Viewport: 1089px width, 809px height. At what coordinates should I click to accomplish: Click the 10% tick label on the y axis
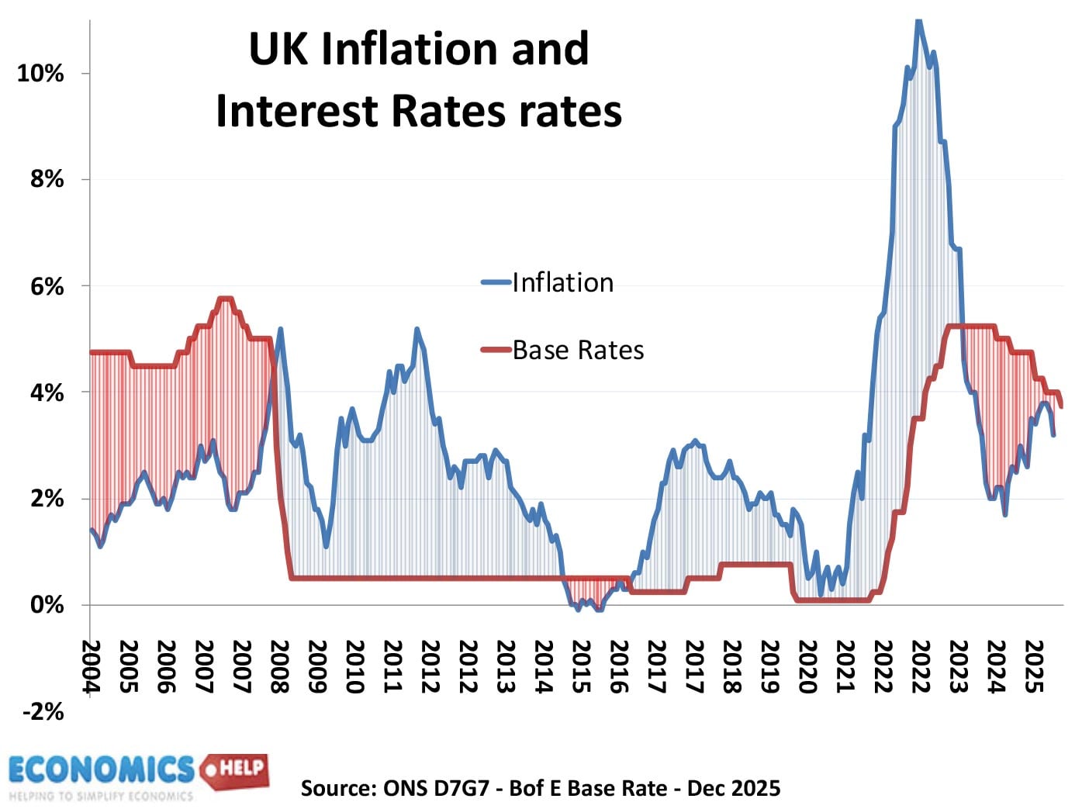(x=40, y=74)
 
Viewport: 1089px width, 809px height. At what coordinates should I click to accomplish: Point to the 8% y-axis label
(x=47, y=179)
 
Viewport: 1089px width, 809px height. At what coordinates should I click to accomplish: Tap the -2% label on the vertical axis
(x=43, y=711)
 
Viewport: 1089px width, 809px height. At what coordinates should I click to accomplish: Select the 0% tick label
(x=47, y=605)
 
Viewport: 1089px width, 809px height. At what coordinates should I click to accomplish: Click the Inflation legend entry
(x=562, y=282)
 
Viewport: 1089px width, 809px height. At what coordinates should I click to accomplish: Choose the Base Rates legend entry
(x=577, y=350)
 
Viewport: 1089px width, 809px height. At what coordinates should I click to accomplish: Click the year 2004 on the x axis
(x=92, y=666)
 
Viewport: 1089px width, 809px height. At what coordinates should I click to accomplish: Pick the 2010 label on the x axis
(x=354, y=666)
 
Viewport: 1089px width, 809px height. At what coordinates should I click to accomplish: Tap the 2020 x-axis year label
(x=807, y=666)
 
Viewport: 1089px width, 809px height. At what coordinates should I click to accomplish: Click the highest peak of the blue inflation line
(x=918, y=22)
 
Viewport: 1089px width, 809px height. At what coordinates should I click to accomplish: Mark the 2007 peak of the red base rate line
(x=225, y=298)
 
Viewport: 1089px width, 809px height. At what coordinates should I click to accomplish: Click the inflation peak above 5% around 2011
(x=417, y=330)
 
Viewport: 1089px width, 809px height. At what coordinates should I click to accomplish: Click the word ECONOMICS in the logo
(x=101, y=769)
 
